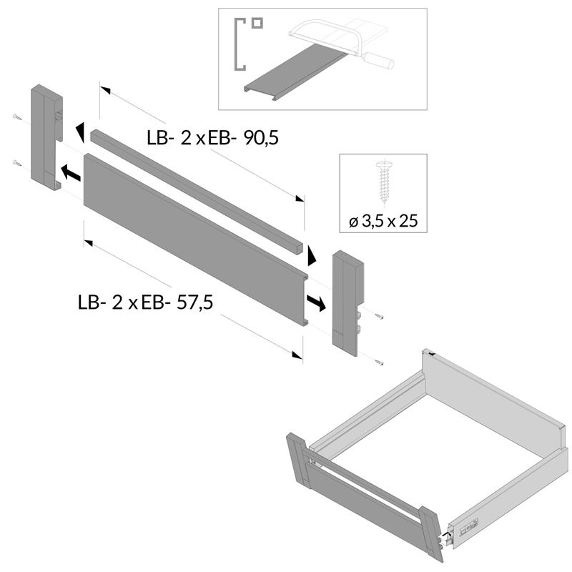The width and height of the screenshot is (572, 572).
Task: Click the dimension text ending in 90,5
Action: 212,138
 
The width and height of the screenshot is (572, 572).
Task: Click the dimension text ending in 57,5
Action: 145,302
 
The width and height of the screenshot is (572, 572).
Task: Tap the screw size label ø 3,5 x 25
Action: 383,221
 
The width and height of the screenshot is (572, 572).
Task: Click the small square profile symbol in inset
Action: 256,22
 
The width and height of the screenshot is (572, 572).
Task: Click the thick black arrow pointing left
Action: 69,172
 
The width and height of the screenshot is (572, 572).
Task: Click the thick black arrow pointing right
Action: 315,302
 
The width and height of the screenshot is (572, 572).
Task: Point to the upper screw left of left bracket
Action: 16,117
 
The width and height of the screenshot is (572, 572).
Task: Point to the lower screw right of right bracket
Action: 378,361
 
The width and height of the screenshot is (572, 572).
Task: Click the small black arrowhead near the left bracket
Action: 79,131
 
